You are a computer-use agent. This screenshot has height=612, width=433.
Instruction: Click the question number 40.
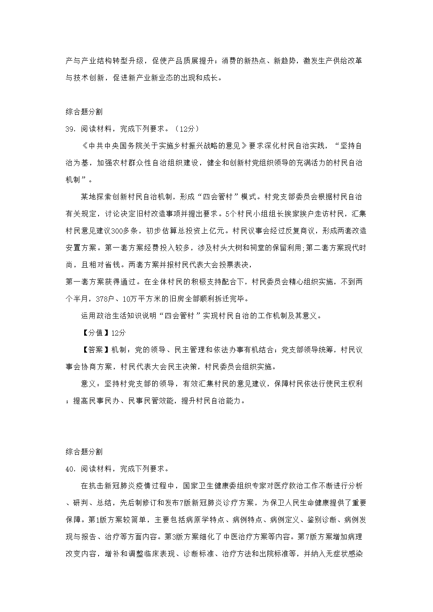click(70, 469)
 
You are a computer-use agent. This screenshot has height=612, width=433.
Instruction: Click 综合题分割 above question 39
click(84, 112)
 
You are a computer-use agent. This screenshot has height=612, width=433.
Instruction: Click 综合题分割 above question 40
click(84, 452)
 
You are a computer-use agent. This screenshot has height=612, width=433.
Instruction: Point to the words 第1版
click(98, 520)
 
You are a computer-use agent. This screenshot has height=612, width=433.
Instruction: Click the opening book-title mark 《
click(85, 146)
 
